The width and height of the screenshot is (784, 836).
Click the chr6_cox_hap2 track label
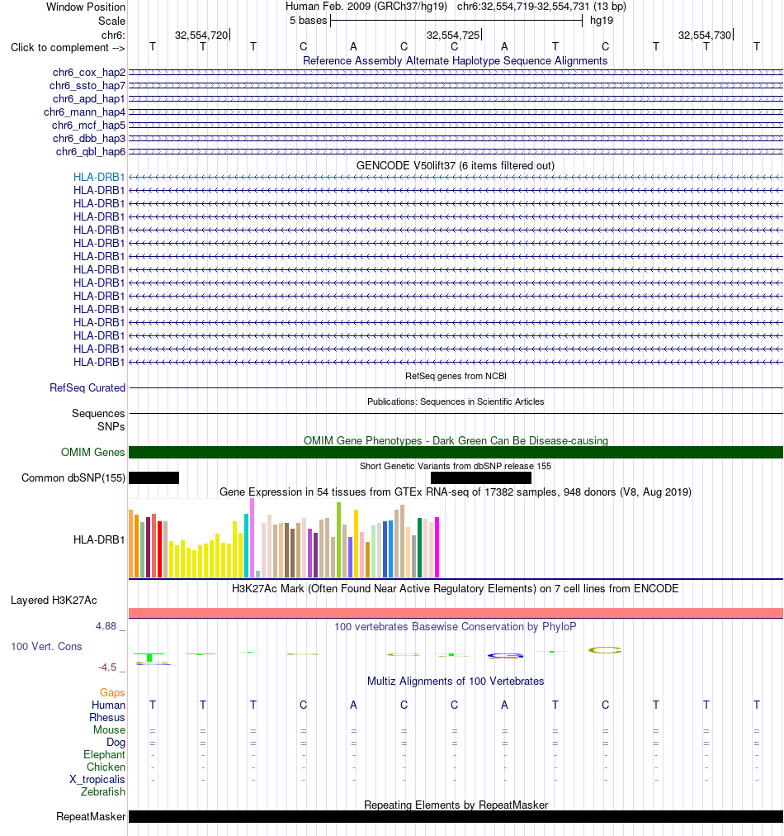coord(89,73)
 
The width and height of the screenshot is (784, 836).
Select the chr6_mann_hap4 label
coord(85,112)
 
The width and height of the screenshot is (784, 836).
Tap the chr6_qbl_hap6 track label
coord(91,152)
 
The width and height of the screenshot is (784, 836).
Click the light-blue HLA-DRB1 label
coord(99,177)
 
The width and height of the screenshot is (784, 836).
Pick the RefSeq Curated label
coord(87,387)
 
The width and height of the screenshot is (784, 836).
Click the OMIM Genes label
coord(92,452)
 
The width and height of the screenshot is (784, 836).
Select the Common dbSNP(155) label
coord(73,477)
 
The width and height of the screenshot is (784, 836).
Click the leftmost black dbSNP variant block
coord(154,477)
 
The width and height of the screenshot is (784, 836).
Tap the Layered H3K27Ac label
coord(54,601)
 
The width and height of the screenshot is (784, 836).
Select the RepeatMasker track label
coord(91,817)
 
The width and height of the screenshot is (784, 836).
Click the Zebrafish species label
coord(103,791)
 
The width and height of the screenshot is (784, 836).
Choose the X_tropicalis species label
coord(97,780)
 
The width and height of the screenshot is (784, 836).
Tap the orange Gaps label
coord(112,692)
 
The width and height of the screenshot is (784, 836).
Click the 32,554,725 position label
coord(453,36)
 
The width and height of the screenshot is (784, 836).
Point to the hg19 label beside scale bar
coord(602,21)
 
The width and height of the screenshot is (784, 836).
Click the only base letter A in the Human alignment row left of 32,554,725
coord(353,705)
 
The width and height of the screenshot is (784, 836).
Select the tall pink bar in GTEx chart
coord(252,538)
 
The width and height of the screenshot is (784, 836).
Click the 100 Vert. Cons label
coord(46,646)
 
